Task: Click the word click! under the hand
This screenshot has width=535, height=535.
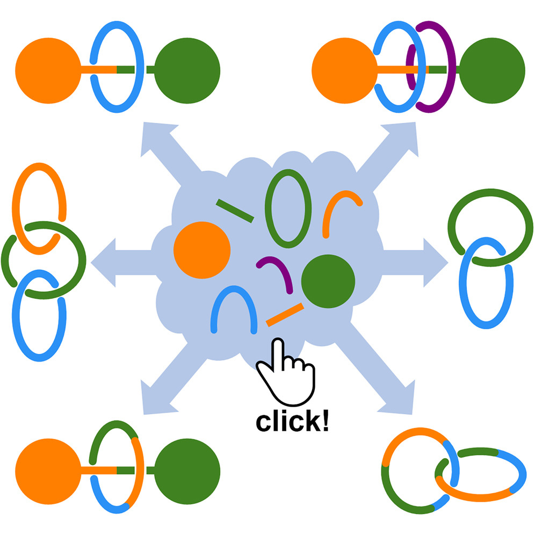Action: click(292, 422)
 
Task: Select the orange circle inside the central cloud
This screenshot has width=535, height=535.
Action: click(202, 250)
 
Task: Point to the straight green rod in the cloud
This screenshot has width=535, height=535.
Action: click(235, 210)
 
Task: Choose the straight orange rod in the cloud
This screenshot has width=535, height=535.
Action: click(285, 315)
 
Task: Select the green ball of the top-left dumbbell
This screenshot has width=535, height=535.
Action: click(187, 70)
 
